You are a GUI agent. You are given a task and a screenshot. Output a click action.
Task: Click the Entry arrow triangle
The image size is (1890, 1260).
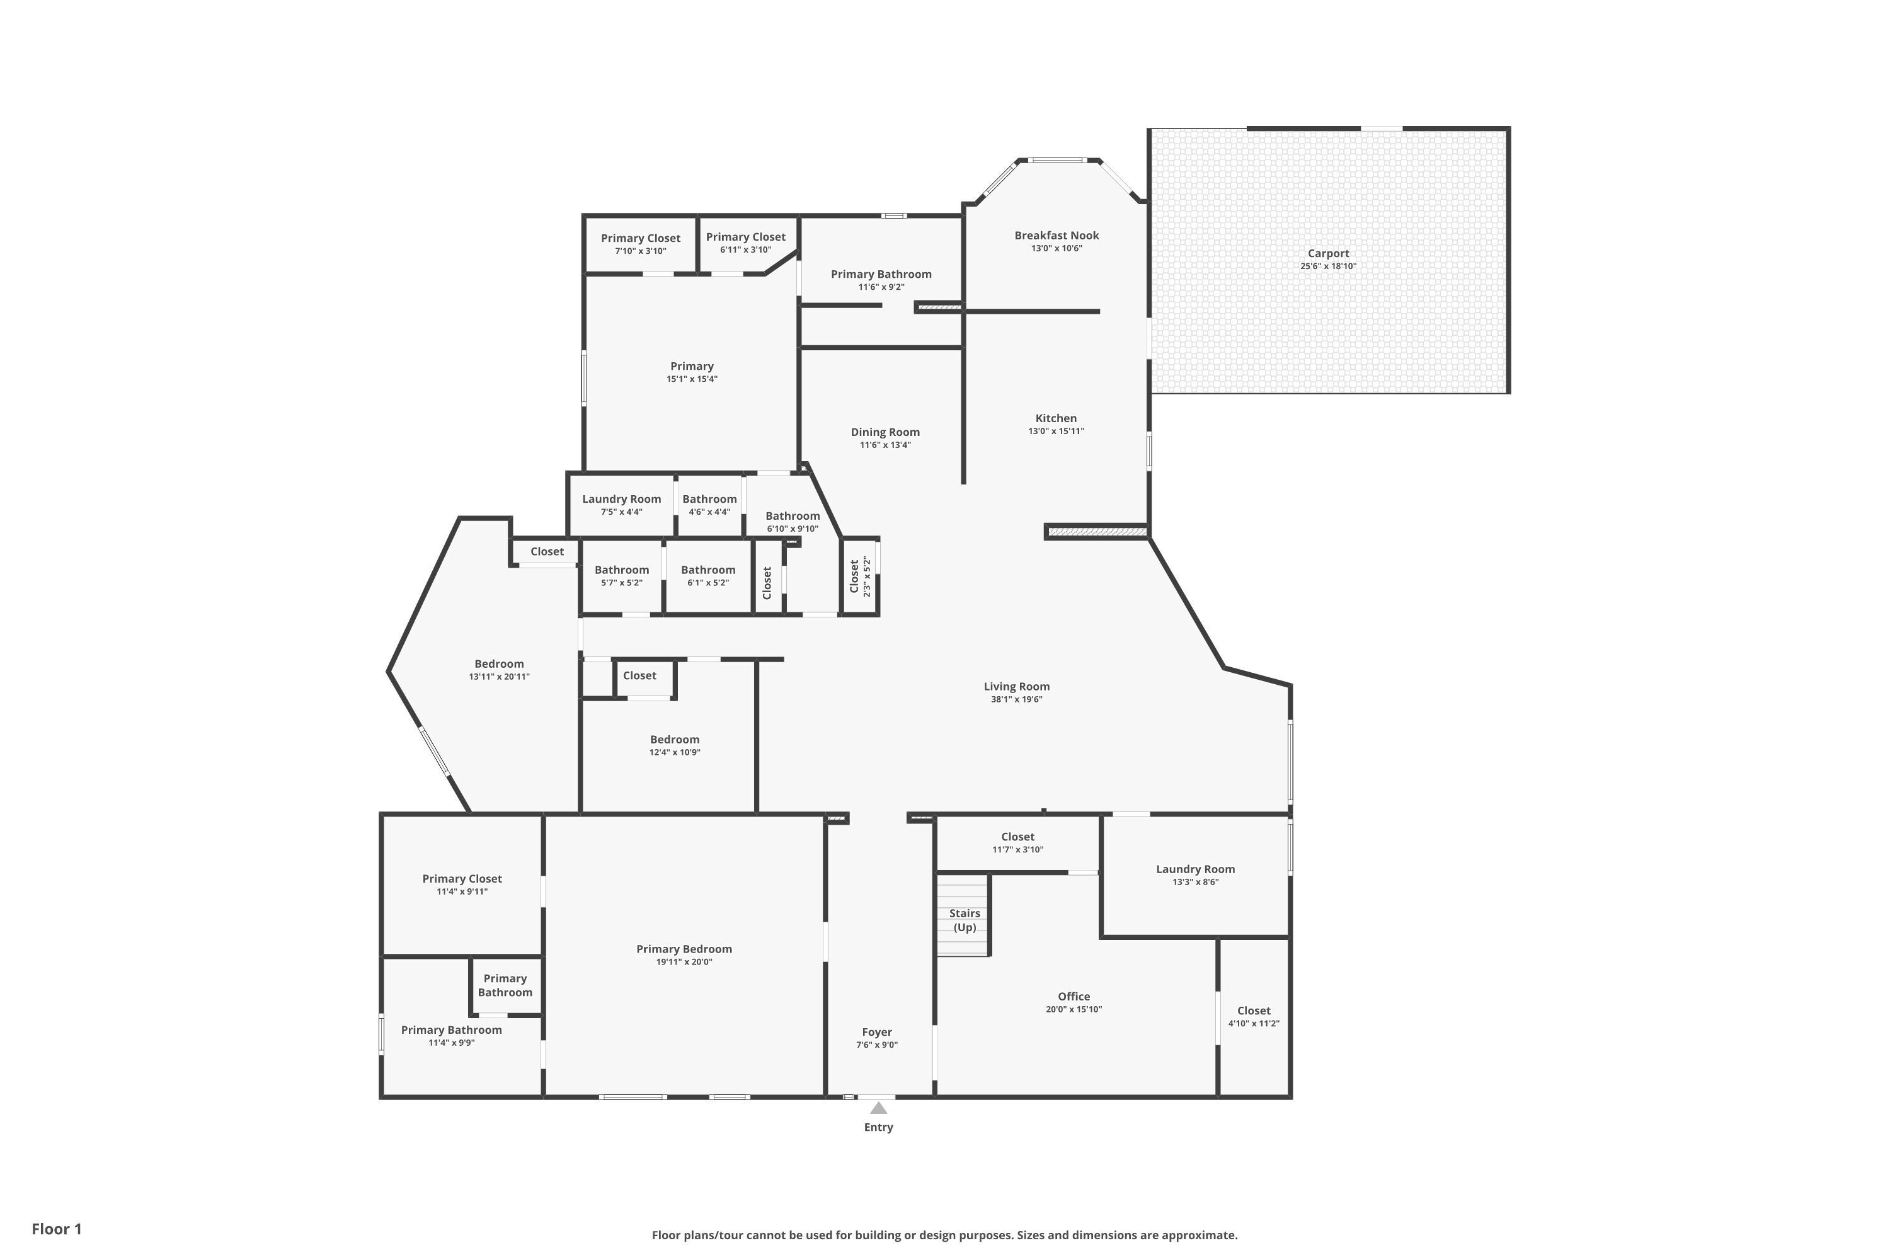(879, 1108)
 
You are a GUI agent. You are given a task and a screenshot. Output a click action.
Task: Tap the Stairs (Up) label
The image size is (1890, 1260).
(965, 920)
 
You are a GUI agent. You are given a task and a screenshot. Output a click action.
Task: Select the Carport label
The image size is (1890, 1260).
(1328, 253)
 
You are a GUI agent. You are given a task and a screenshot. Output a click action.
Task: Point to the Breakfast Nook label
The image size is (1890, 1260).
(1057, 236)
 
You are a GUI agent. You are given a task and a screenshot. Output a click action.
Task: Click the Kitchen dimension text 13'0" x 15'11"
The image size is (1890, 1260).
(1056, 431)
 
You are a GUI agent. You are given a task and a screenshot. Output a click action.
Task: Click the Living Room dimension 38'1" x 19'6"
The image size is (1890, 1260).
(1017, 699)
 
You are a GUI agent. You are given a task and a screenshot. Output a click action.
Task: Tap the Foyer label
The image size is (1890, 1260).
(877, 1032)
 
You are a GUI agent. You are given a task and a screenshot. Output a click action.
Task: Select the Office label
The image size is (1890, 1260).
(1074, 997)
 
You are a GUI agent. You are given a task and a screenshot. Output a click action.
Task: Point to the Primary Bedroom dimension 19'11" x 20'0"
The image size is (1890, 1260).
(684, 962)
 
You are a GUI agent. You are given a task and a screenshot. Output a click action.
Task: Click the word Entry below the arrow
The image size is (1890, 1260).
(878, 1128)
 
